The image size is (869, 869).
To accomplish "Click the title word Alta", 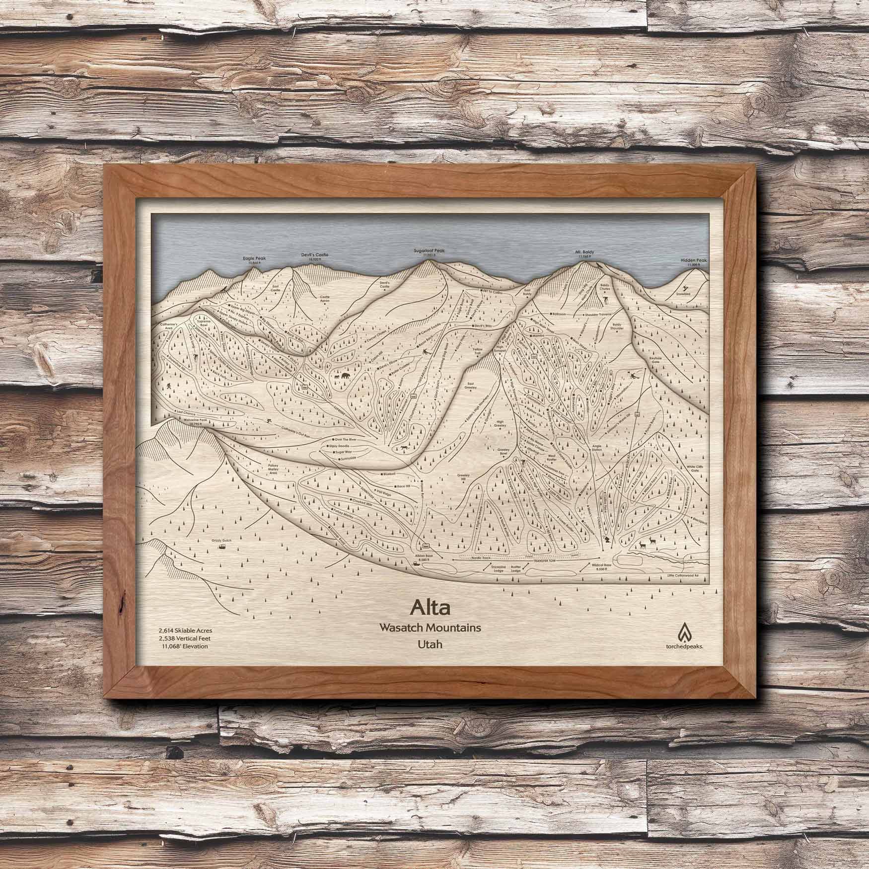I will click(x=430, y=607).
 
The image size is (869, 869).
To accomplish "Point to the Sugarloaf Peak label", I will click(x=429, y=251).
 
